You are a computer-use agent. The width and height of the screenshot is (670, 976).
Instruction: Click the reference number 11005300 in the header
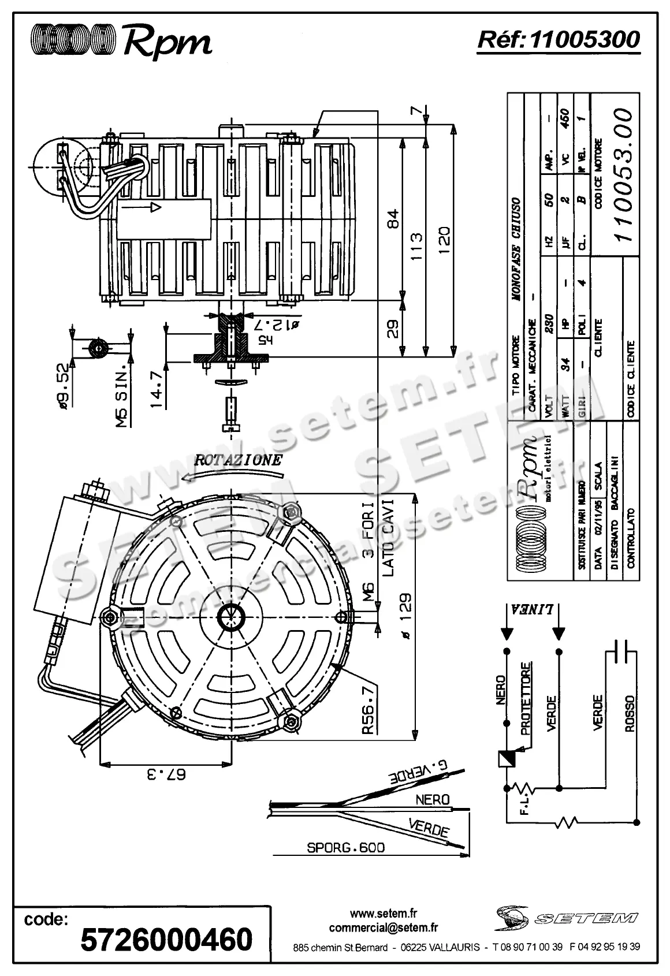point(584,39)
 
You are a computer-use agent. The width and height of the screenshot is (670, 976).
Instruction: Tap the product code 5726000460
point(167,939)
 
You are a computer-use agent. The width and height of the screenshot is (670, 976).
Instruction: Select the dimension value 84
point(393,219)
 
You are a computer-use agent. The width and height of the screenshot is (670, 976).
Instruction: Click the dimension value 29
point(393,330)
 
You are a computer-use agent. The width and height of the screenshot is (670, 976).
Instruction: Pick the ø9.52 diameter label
point(65,389)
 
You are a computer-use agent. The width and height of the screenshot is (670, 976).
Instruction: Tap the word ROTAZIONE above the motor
point(238,460)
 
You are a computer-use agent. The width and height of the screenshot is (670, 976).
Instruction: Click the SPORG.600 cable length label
point(345,848)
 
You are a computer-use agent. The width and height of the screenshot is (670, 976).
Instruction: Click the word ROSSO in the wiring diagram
point(630,713)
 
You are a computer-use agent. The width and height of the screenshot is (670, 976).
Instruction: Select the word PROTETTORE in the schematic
point(526,698)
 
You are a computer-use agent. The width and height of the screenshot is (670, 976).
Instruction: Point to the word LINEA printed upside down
point(533,609)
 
